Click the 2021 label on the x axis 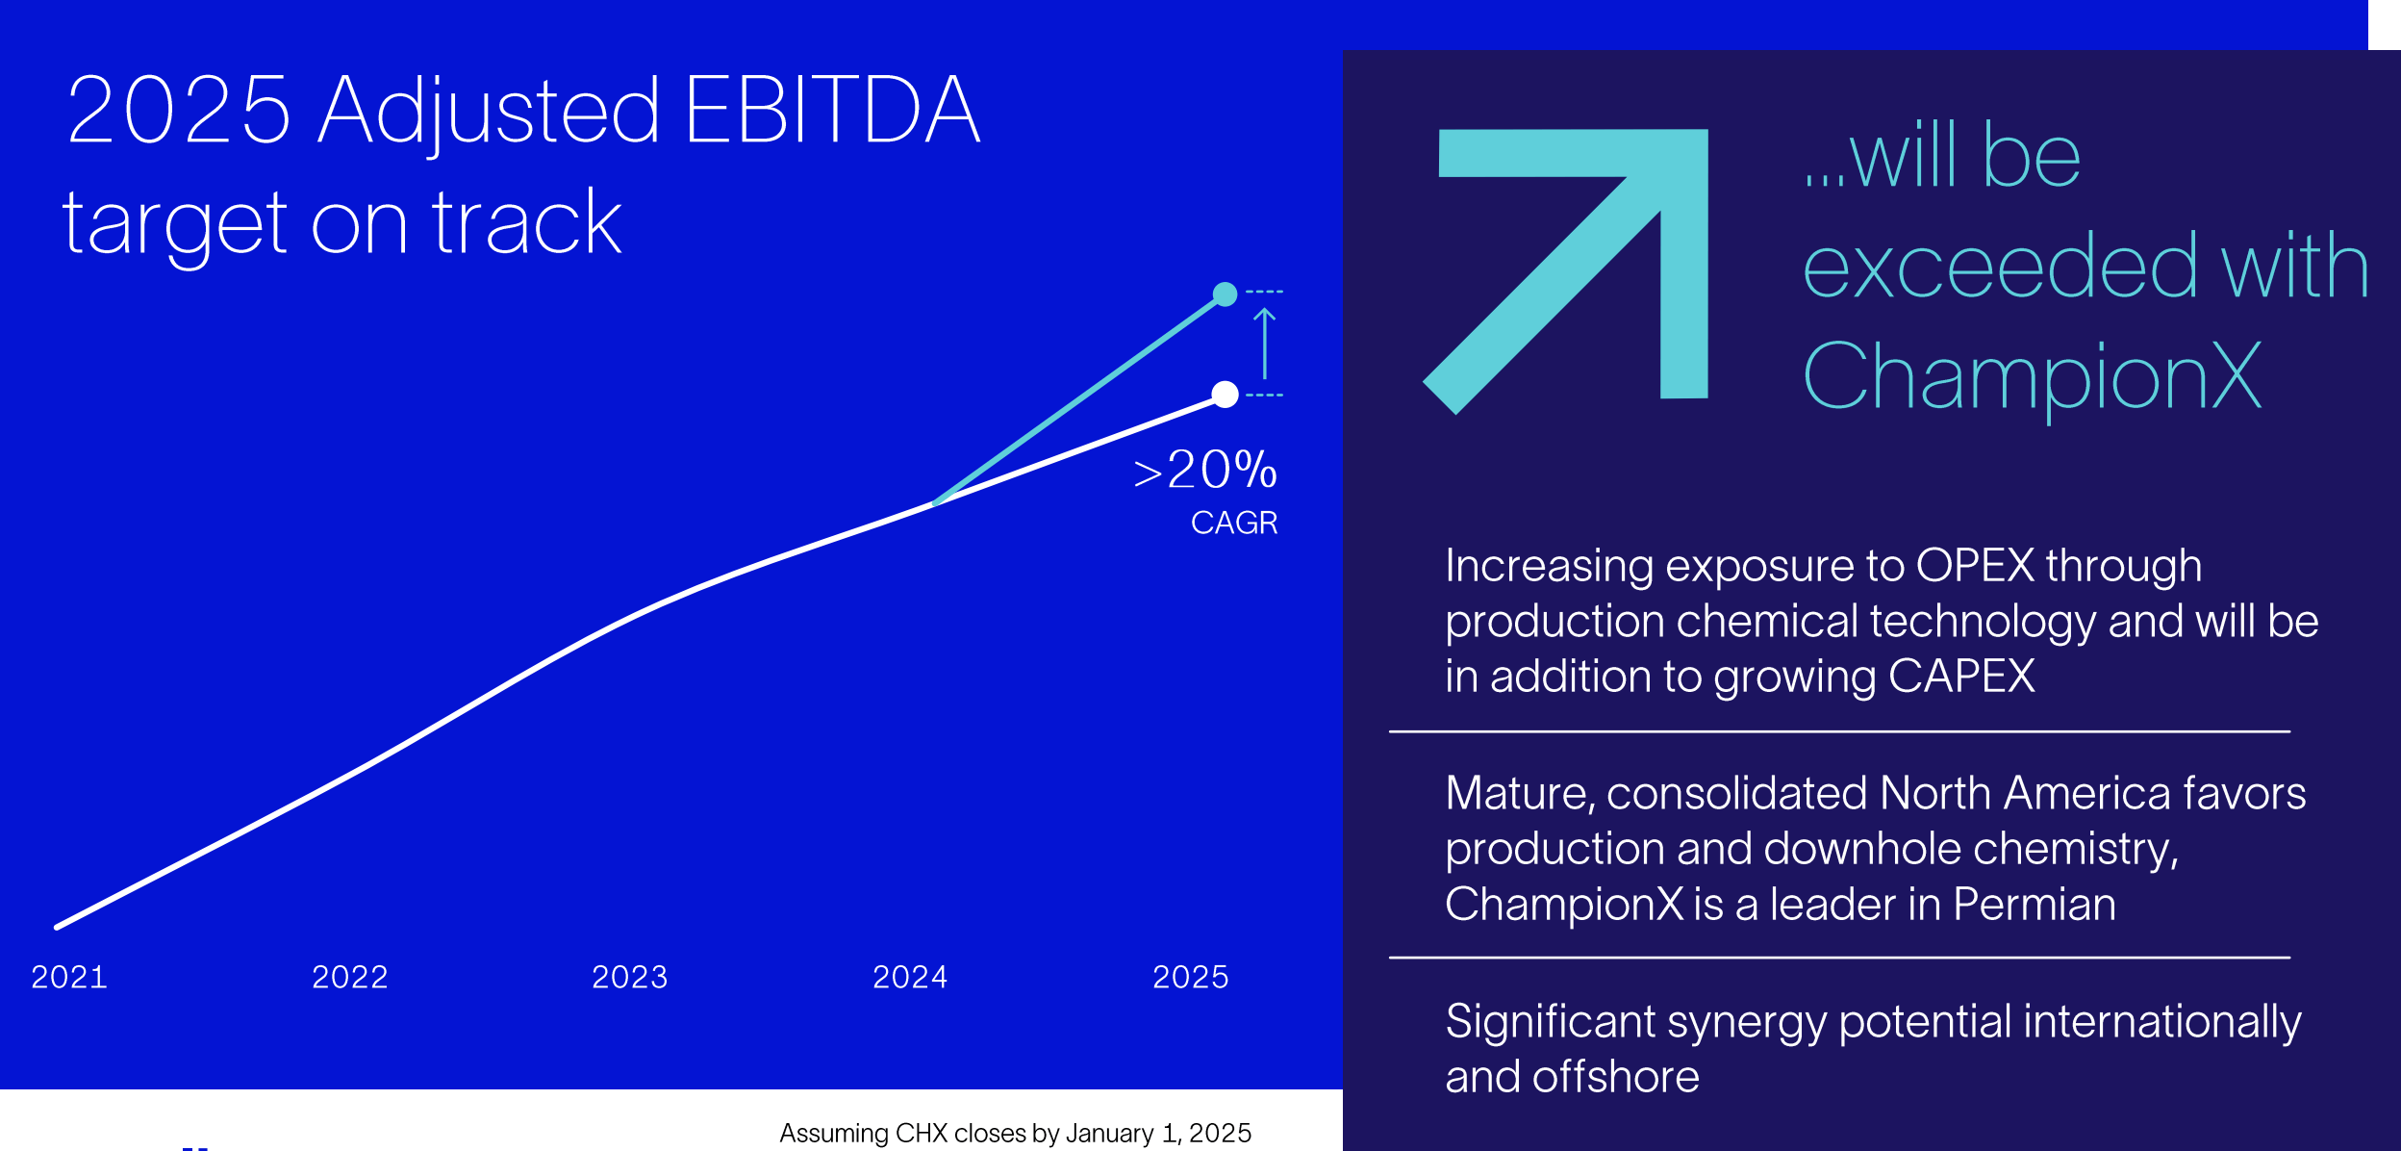(69, 978)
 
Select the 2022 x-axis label (349, 978)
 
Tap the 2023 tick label (629, 978)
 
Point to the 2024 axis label (910, 978)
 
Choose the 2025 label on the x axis (1190, 978)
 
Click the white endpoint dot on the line (1225, 395)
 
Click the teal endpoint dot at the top (1225, 294)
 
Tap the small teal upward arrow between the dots (1265, 343)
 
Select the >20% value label (1205, 471)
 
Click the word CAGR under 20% (1234, 523)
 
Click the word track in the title (526, 223)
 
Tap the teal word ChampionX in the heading (2032, 377)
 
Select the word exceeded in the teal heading (2001, 267)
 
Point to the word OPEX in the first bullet (1975, 566)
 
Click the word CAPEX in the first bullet (1961, 677)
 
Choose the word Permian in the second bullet (2035, 905)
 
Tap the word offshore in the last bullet (1616, 1077)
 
